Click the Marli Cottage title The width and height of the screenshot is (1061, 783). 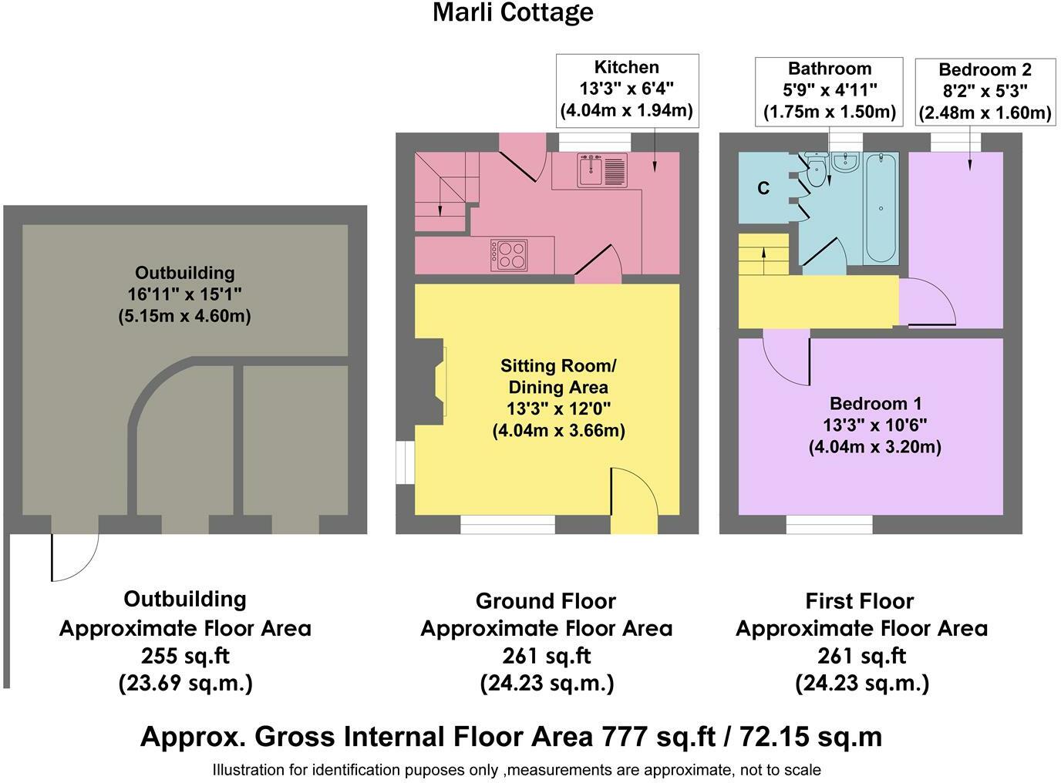[513, 12]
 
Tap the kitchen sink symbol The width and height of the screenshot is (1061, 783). [602, 170]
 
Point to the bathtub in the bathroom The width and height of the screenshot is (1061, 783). [881, 208]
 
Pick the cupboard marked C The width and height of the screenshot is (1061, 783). [763, 188]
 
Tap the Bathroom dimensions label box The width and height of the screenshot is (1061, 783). [829, 91]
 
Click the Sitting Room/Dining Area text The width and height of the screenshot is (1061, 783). [558, 376]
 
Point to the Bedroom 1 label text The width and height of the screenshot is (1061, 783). [874, 403]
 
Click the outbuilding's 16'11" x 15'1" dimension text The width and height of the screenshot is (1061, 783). [184, 294]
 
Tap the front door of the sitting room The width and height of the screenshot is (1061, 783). [634, 501]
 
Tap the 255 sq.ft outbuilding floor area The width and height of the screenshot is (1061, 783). [185, 656]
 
